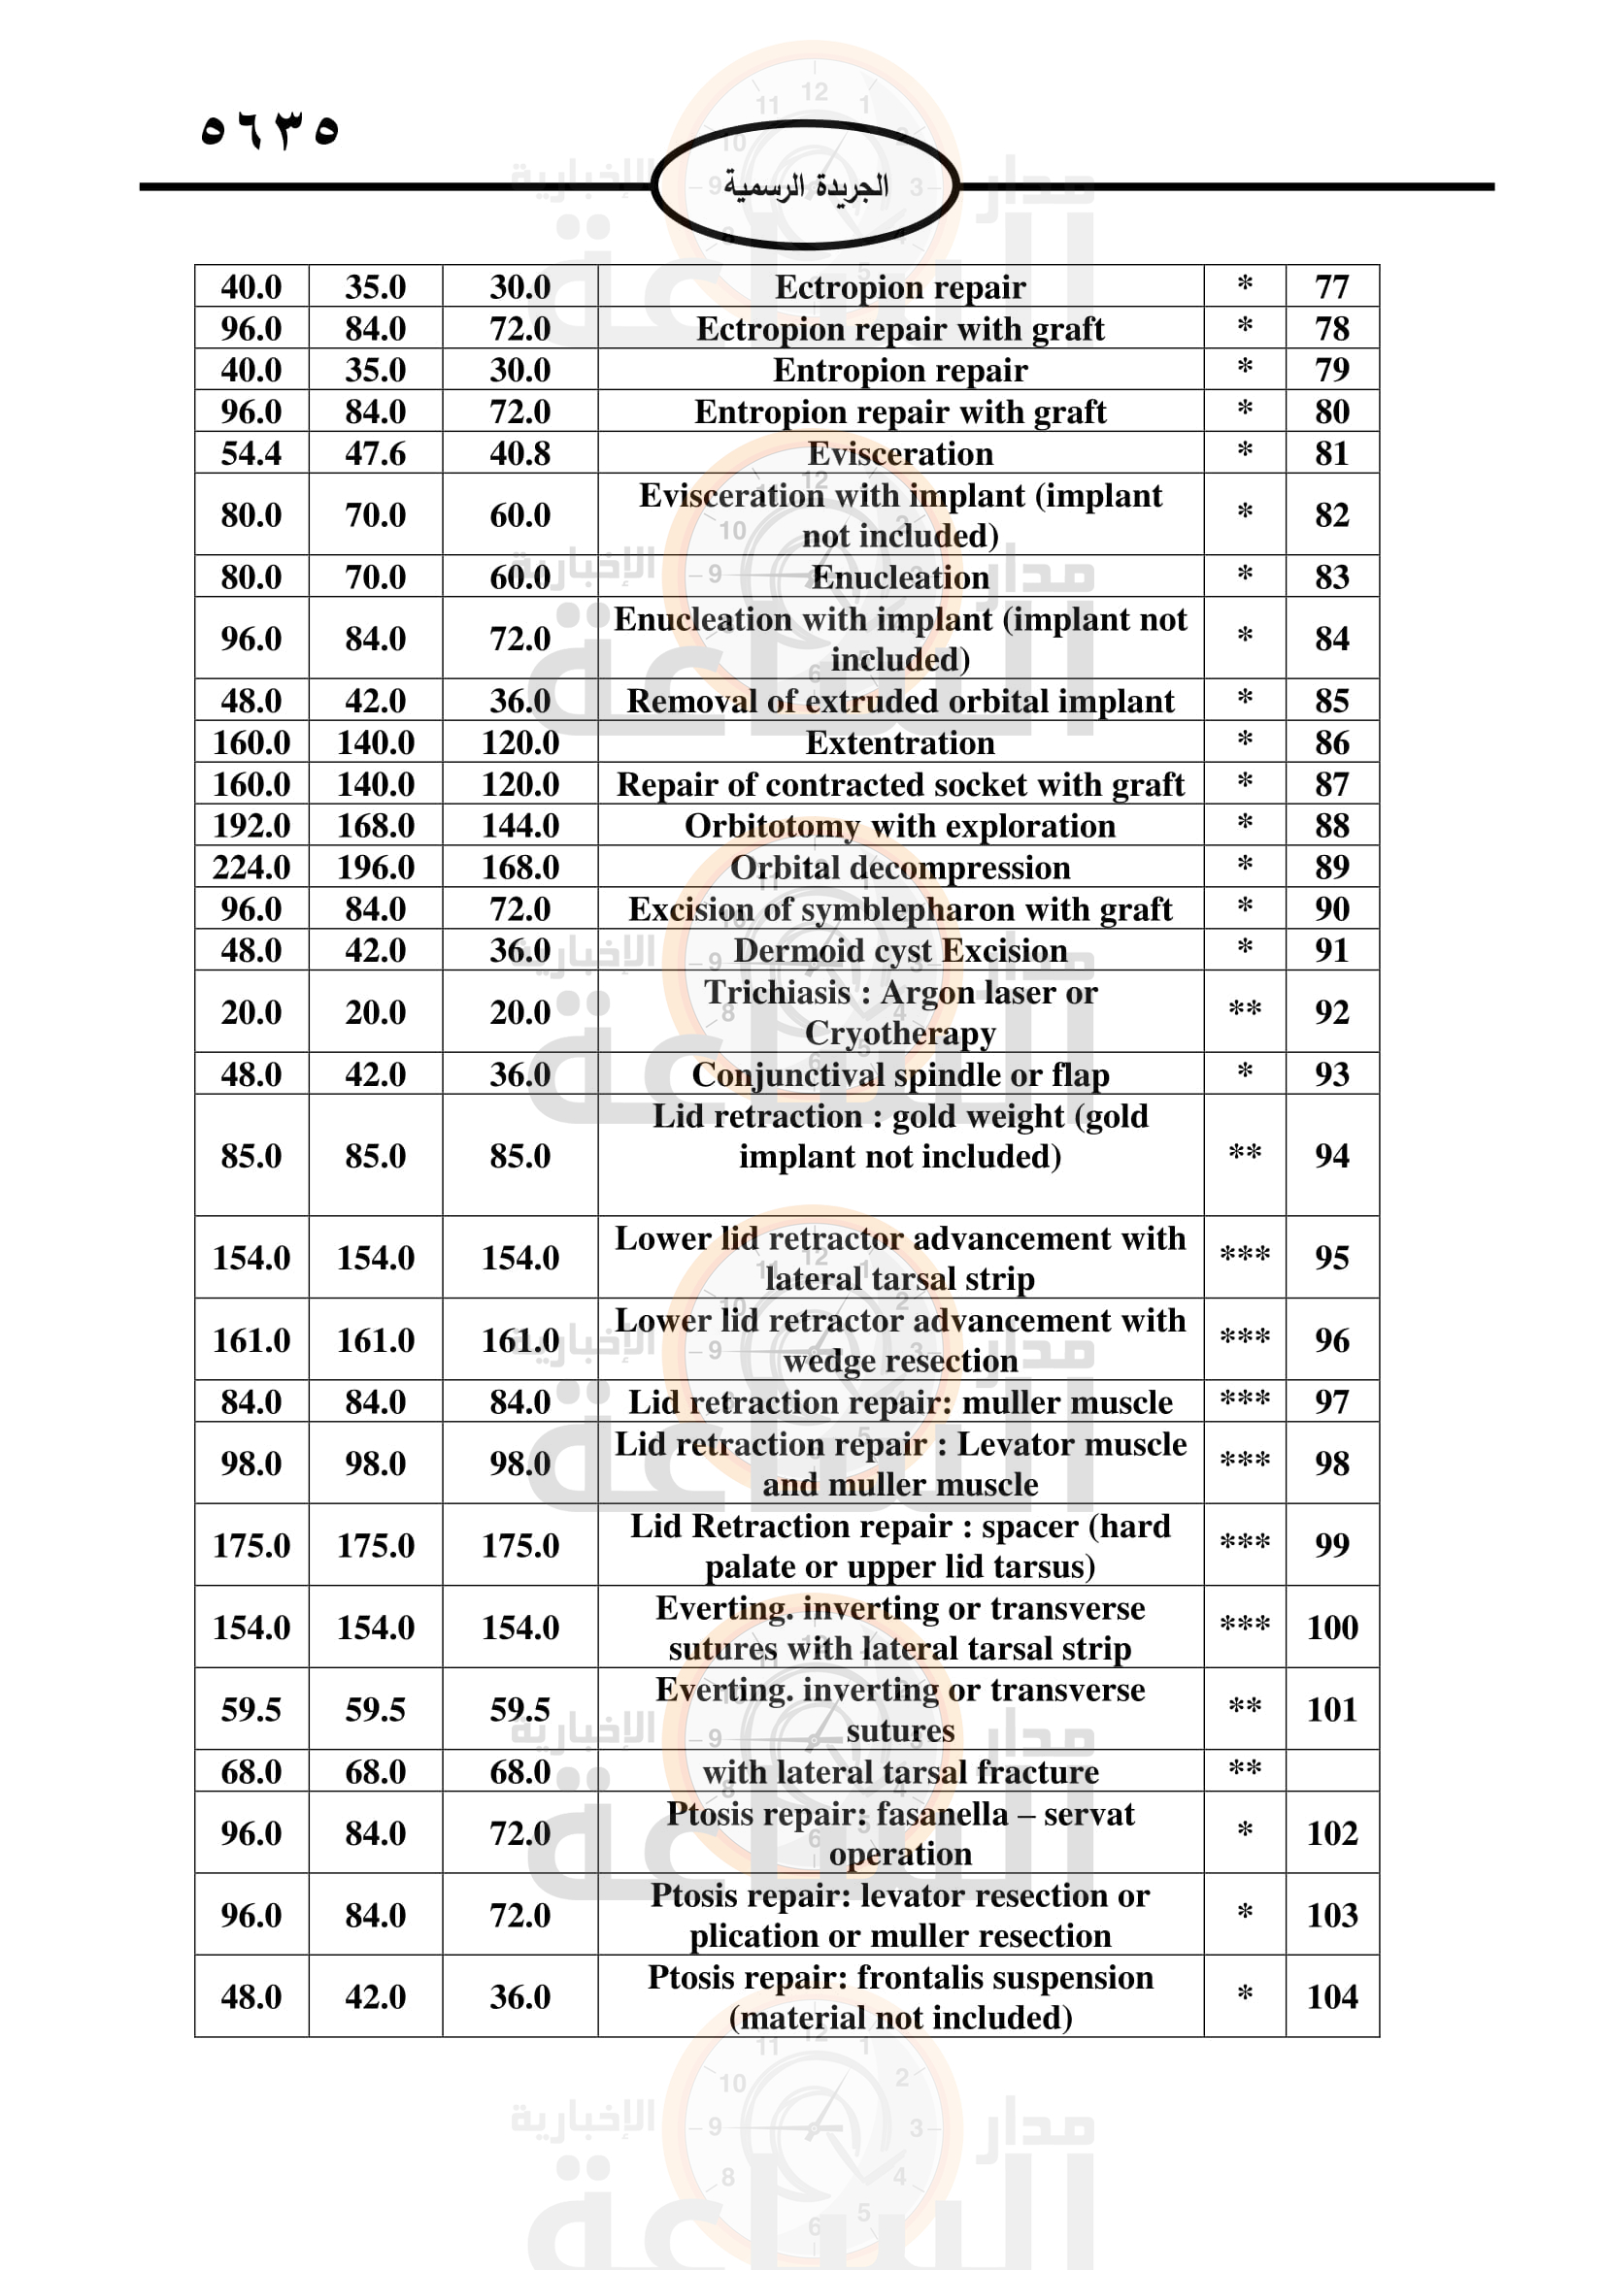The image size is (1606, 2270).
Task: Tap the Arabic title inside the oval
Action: pos(805,186)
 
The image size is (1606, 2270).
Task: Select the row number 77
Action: pos(1331,286)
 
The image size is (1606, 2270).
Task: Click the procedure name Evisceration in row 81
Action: pos(900,453)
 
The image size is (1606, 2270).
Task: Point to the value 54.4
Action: pos(251,453)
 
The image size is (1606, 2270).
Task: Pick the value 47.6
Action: pos(375,453)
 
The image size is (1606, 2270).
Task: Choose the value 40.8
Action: pos(520,453)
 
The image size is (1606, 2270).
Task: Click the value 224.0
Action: pos(251,867)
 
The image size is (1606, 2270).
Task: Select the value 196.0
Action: pos(375,867)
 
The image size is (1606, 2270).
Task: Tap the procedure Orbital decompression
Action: pos(900,867)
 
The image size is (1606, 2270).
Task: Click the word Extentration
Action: pos(900,742)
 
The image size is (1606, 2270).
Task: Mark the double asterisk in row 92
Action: pos(1244,1010)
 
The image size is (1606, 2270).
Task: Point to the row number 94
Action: pos(1331,1155)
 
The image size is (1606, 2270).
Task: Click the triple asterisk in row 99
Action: pos(1244,1543)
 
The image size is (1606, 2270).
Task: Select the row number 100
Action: pos(1331,1627)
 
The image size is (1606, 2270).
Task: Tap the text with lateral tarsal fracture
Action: pos(900,1772)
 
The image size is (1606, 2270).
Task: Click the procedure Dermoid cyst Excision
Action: pos(900,950)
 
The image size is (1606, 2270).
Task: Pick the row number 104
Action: pos(1331,1996)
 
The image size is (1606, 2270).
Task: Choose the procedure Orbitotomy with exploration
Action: pos(900,826)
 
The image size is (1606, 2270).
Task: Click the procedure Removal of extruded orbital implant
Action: pos(900,701)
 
